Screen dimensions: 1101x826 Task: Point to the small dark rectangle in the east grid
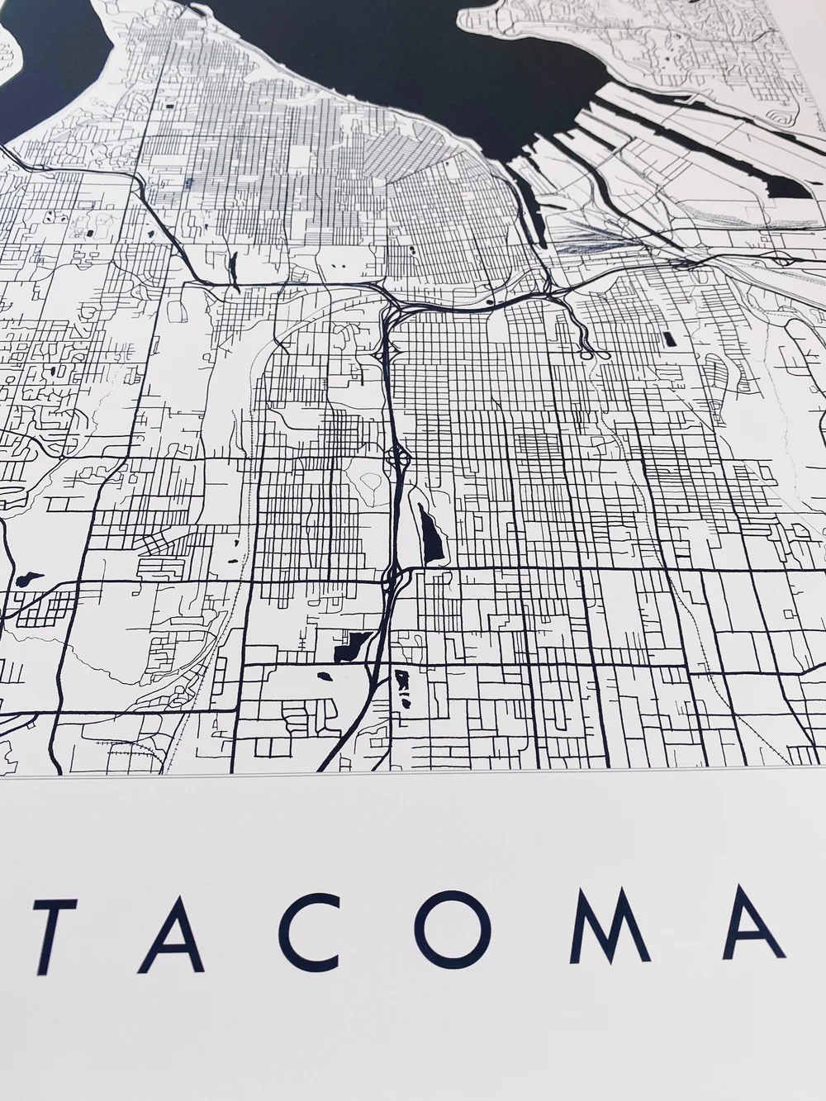click(x=667, y=339)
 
